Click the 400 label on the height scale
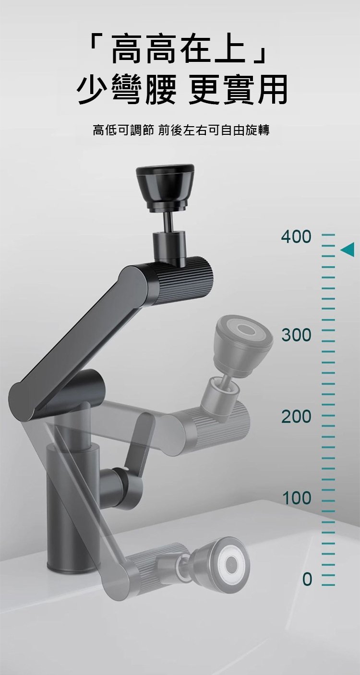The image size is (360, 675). click(296, 237)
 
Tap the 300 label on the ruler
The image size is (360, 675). click(296, 335)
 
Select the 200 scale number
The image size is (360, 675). click(296, 416)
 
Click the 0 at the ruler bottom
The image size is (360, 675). click(307, 579)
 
